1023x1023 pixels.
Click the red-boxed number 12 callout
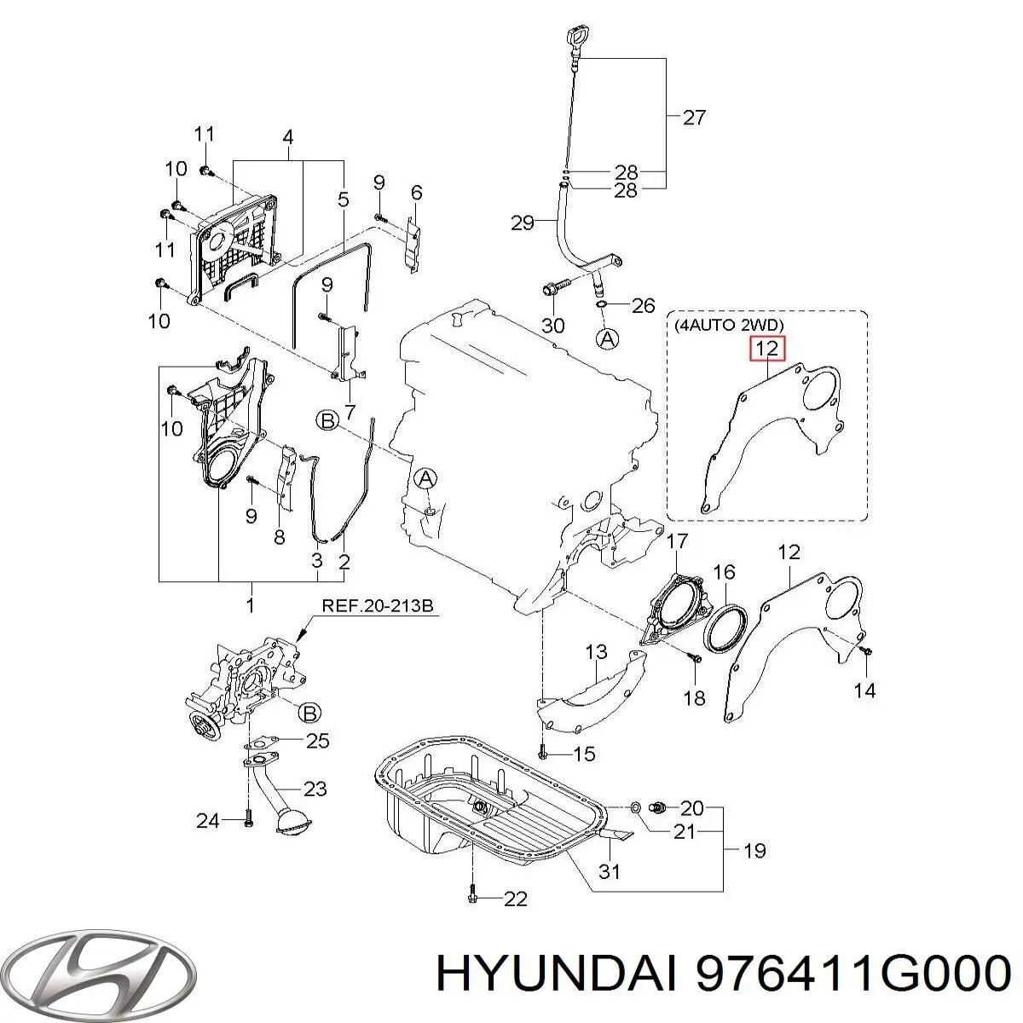point(766,350)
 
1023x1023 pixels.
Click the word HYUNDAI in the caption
point(558,972)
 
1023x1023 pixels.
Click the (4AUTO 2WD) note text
point(729,325)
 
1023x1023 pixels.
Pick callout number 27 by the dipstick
point(695,118)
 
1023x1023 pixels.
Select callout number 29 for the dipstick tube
point(522,223)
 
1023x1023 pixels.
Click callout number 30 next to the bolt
point(553,326)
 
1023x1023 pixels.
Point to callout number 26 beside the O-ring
point(643,304)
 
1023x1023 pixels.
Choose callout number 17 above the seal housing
point(676,541)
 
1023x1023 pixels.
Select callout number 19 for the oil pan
point(754,850)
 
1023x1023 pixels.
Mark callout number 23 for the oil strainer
point(315,789)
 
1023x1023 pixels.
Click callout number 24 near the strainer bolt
point(208,821)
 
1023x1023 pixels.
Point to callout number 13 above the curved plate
point(596,653)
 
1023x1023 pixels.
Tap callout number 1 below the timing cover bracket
point(251,606)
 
